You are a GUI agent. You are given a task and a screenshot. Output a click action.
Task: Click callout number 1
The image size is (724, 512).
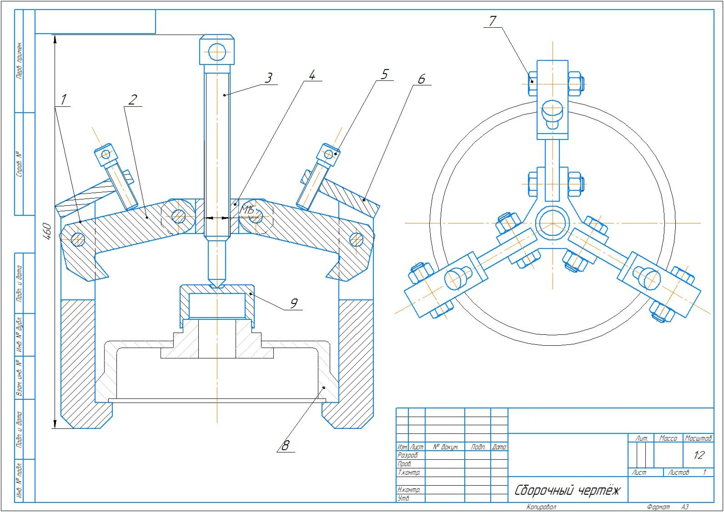pos(63,99)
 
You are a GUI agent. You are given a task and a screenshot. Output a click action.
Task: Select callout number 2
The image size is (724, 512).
pos(132,99)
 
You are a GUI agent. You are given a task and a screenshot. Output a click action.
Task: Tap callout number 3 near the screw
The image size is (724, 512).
pos(269,78)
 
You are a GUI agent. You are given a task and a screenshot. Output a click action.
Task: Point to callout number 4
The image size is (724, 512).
pos(312,75)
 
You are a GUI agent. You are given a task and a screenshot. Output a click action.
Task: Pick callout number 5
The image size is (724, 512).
pos(385,74)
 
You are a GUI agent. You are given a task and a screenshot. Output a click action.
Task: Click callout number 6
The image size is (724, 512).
pos(422,79)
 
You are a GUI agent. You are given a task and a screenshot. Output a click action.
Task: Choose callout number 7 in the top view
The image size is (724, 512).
pos(493,21)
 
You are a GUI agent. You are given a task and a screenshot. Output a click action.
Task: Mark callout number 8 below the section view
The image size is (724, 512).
pos(285,445)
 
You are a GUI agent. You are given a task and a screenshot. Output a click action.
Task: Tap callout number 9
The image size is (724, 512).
pos(294,303)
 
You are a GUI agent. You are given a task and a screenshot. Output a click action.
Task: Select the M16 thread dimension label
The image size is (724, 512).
pos(248,210)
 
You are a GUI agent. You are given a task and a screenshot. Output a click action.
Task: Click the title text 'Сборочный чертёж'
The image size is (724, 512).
pos(567,491)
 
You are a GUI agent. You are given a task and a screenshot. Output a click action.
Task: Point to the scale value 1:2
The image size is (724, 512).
pos(699,455)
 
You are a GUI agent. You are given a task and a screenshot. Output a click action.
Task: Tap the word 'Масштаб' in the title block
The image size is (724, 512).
pos(698,438)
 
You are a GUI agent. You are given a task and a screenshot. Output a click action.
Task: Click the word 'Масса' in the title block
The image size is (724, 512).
pos(668,438)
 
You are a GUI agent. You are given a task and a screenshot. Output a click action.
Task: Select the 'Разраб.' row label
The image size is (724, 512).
pos(407,455)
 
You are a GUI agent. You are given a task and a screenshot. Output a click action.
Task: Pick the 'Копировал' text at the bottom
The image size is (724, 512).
pos(541,507)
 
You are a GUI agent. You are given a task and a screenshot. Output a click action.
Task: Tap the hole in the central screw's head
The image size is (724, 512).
pos(217,51)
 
